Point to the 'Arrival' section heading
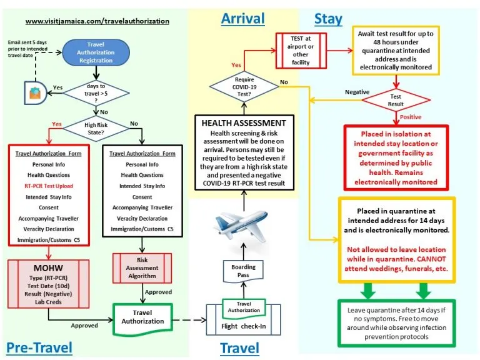click(x=242, y=19)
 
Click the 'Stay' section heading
click(x=328, y=19)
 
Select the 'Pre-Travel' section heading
click(x=39, y=346)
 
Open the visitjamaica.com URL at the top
click(x=97, y=21)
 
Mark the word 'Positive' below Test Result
click(x=411, y=116)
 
